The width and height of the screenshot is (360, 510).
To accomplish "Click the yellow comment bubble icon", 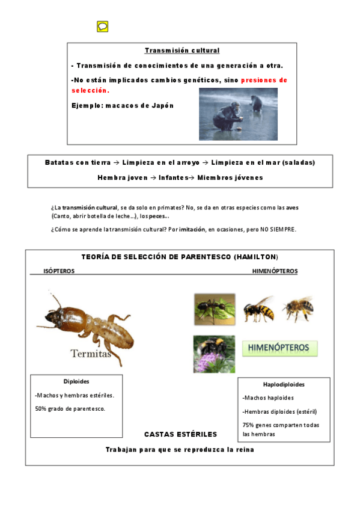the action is (102, 26).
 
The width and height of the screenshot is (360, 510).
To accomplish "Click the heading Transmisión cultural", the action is (182, 51).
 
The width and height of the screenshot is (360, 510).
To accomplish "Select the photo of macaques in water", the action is (238, 114).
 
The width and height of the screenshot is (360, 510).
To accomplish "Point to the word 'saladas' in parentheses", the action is (297, 163).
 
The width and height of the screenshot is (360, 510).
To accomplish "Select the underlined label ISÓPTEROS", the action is (59, 271).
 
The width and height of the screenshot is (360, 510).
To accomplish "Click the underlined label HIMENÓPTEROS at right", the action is (275, 271).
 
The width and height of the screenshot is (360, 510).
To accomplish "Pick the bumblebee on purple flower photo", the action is (214, 354).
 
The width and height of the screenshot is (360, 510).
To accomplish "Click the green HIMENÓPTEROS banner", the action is (279, 348).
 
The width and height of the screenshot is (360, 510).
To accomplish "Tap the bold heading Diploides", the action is (76, 381).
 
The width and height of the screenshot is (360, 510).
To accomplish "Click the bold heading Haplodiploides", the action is (284, 384).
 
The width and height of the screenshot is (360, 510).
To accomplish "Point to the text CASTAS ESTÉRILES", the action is (180, 434).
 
